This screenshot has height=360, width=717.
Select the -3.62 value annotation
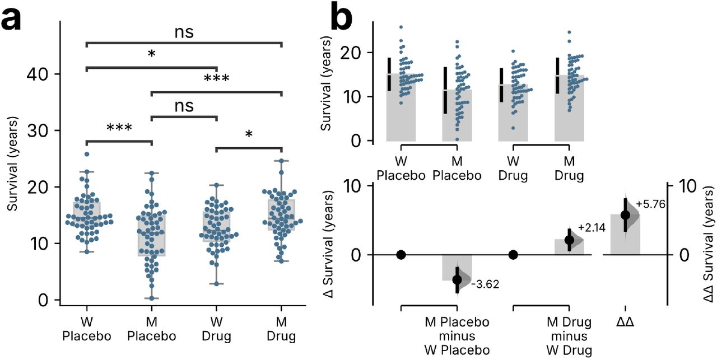click(485, 284)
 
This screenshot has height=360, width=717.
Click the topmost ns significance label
click(184, 32)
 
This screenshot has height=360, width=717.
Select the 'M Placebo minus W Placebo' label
click(457, 336)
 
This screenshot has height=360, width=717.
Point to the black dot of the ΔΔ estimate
click(626, 214)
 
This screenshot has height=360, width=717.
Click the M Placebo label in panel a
click(151, 330)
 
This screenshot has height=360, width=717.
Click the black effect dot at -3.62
click(457, 279)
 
